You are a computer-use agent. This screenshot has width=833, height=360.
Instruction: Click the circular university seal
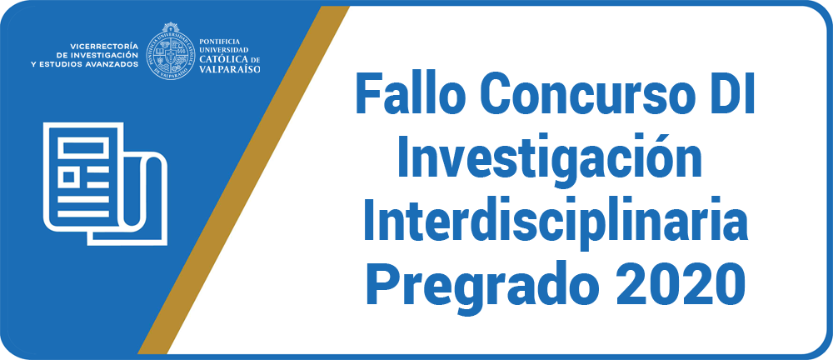170,51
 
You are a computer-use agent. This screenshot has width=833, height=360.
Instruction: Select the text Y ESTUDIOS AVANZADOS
85,64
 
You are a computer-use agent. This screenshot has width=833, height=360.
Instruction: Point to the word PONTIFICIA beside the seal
220,41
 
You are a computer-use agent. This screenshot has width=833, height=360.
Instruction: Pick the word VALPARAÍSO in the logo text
230,68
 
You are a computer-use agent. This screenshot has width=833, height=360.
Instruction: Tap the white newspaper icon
105,184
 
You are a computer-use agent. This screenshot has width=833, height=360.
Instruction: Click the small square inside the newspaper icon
68,177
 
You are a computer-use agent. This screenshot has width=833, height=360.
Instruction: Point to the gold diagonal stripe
243,180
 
